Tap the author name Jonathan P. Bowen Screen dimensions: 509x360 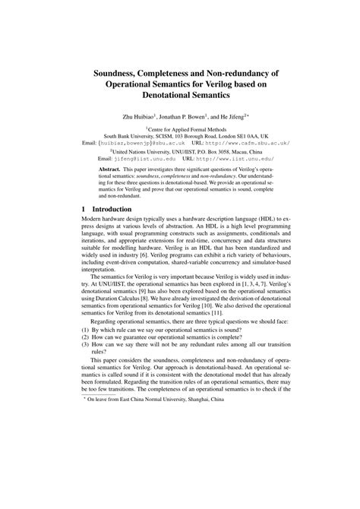185,119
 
